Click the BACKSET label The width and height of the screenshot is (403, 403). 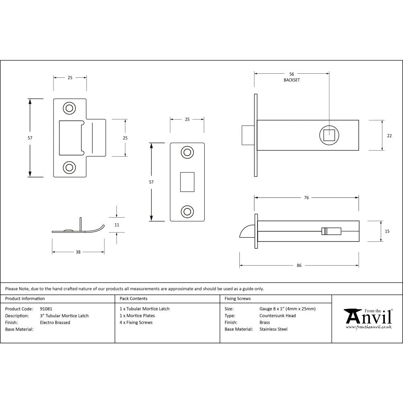pyautogui.click(x=292, y=80)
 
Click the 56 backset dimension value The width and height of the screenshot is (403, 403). pyautogui.click(x=292, y=74)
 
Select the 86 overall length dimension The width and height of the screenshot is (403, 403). pyautogui.click(x=299, y=266)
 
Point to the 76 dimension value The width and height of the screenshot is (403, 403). pyautogui.click(x=307, y=197)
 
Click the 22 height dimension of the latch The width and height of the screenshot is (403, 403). pyautogui.click(x=389, y=136)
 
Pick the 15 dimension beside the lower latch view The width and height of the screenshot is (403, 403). pyautogui.click(x=387, y=231)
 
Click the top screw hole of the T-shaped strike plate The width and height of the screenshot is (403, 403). pyautogui.click(x=69, y=108)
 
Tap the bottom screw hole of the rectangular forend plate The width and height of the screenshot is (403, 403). pyautogui.click(x=187, y=211)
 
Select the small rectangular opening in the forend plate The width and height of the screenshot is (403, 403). pyautogui.click(x=187, y=181)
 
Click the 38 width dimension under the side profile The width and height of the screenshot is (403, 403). pyautogui.click(x=78, y=252)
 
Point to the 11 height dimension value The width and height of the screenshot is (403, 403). pyautogui.click(x=117, y=225)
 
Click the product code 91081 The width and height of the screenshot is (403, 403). pyautogui.click(x=46, y=309)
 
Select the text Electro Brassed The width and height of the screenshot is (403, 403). pyautogui.click(x=55, y=322)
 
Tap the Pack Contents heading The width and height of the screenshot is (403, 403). pyautogui.click(x=133, y=299)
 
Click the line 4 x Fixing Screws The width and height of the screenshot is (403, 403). pyautogui.click(x=136, y=322)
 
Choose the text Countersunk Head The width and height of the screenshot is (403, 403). pyautogui.click(x=277, y=316)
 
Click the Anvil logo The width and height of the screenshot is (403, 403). pyautogui.click(x=368, y=318)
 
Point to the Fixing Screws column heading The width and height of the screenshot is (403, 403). pyautogui.click(x=238, y=299)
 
